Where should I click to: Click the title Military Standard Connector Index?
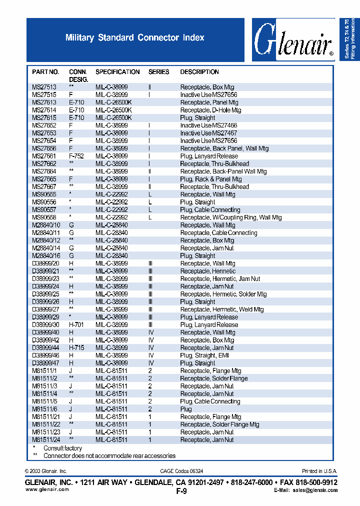135,37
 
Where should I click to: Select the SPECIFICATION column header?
117,72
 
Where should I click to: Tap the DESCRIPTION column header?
199,72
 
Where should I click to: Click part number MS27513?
44,87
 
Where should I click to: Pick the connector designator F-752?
76,156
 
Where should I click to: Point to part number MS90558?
44,217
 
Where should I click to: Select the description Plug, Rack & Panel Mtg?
211,179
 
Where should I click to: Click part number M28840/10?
46,225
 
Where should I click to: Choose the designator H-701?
76,324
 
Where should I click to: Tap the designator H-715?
76,347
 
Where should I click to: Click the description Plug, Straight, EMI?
205,355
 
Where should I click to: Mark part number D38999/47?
46,363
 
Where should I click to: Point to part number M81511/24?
45,439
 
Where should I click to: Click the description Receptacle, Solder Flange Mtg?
219,424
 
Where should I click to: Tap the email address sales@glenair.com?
315,490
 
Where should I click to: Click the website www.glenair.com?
47,489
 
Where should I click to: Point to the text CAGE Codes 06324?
181,471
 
